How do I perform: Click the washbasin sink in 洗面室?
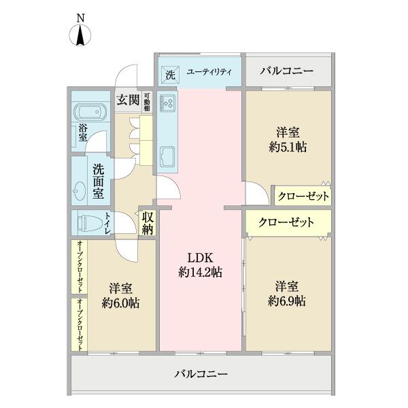click(x=80, y=190)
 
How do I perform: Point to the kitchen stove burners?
click(x=167, y=103)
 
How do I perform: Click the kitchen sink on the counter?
click(x=167, y=157)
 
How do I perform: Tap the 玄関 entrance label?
click(x=127, y=101)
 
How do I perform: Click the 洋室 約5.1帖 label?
click(x=286, y=139)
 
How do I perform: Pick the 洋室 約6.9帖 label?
click(x=286, y=293)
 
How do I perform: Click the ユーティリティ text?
click(x=208, y=72)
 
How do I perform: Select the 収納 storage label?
click(x=148, y=224)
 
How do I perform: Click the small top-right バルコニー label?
click(x=286, y=71)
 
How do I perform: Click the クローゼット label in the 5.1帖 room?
click(x=303, y=197)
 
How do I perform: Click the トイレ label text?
click(x=107, y=223)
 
